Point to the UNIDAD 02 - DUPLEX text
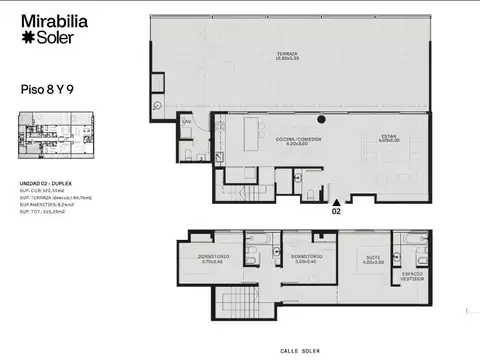tap(46, 185)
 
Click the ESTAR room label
tap(388, 137)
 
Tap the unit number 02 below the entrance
tap(336, 212)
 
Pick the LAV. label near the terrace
tap(186, 122)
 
